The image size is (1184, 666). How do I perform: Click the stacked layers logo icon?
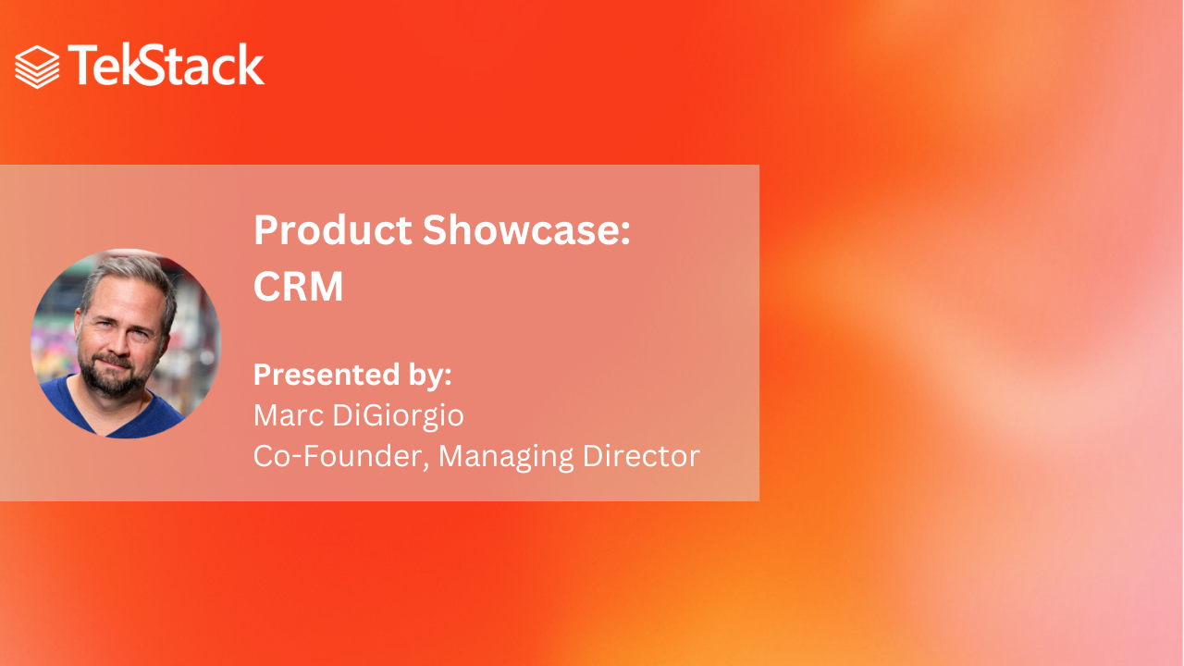point(37,68)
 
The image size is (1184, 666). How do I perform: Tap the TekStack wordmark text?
point(166,65)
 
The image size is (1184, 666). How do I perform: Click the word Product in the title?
point(333,230)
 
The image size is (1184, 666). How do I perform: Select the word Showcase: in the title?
point(526,230)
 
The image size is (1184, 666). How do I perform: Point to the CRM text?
point(299,287)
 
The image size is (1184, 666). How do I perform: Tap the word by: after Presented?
point(430,376)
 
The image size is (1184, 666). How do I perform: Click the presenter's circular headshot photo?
point(126,343)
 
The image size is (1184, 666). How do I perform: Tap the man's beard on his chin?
point(114,383)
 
